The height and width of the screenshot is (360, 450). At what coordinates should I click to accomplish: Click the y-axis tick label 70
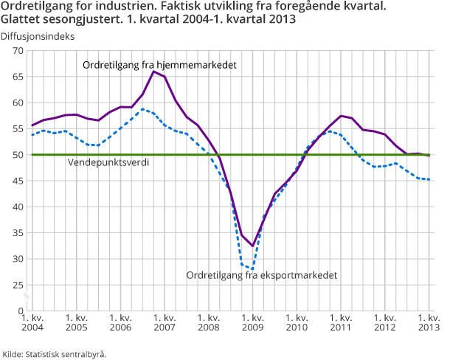click(x=18, y=50)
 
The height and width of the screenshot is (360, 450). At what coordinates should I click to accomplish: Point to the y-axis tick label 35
click(x=18, y=233)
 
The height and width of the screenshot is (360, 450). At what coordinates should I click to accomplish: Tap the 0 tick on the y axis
click(x=21, y=311)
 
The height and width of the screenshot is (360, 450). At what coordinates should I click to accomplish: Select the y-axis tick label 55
click(x=18, y=128)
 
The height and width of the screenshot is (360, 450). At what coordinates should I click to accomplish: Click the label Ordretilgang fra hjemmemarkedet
click(x=159, y=65)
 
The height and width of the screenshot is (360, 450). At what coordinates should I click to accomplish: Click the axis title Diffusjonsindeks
click(x=38, y=35)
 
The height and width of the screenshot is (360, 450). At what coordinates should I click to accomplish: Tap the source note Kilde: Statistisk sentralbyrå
click(x=55, y=353)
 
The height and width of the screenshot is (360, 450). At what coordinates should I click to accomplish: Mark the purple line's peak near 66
click(x=153, y=71)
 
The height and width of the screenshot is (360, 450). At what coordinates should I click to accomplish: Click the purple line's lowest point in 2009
click(x=252, y=246)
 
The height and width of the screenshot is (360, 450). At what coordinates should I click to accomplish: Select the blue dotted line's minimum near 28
click(x=252, y=269)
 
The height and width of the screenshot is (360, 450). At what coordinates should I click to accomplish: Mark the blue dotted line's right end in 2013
click(x=429, y=179)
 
